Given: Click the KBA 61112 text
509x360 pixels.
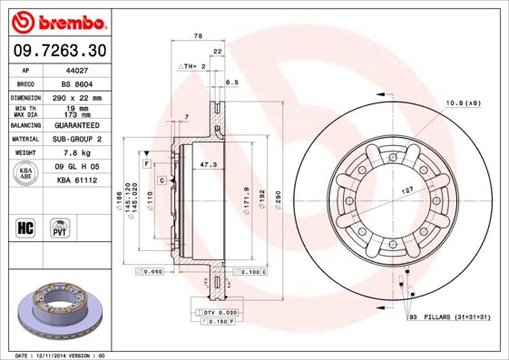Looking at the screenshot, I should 77,180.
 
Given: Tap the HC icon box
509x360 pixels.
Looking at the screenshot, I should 26,227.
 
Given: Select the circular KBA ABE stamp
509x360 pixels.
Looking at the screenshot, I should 26,173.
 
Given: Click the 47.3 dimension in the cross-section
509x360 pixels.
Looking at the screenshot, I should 208,164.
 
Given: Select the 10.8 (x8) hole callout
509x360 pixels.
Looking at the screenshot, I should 461,104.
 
